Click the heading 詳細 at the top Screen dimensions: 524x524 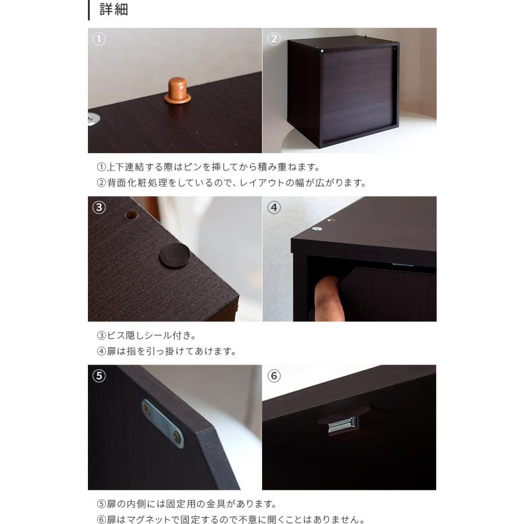(114, 10)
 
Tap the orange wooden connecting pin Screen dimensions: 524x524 (177, 91)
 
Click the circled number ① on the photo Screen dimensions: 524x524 (99, 40)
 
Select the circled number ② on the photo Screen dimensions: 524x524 (274, 40)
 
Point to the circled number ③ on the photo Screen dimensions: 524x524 (99, 207)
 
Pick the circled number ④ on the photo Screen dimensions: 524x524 (274, 207)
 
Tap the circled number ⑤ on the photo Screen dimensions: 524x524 (99, 376)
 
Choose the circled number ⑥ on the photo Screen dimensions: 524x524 (274, 376)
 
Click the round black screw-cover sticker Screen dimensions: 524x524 (175, 255)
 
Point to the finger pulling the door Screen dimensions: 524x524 (325, 297)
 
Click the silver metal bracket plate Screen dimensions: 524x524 (162, 423)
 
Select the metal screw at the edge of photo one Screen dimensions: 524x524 (94, 119)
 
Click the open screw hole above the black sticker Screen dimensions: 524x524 (131, 215)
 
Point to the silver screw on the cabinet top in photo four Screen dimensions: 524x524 (317, 228)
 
